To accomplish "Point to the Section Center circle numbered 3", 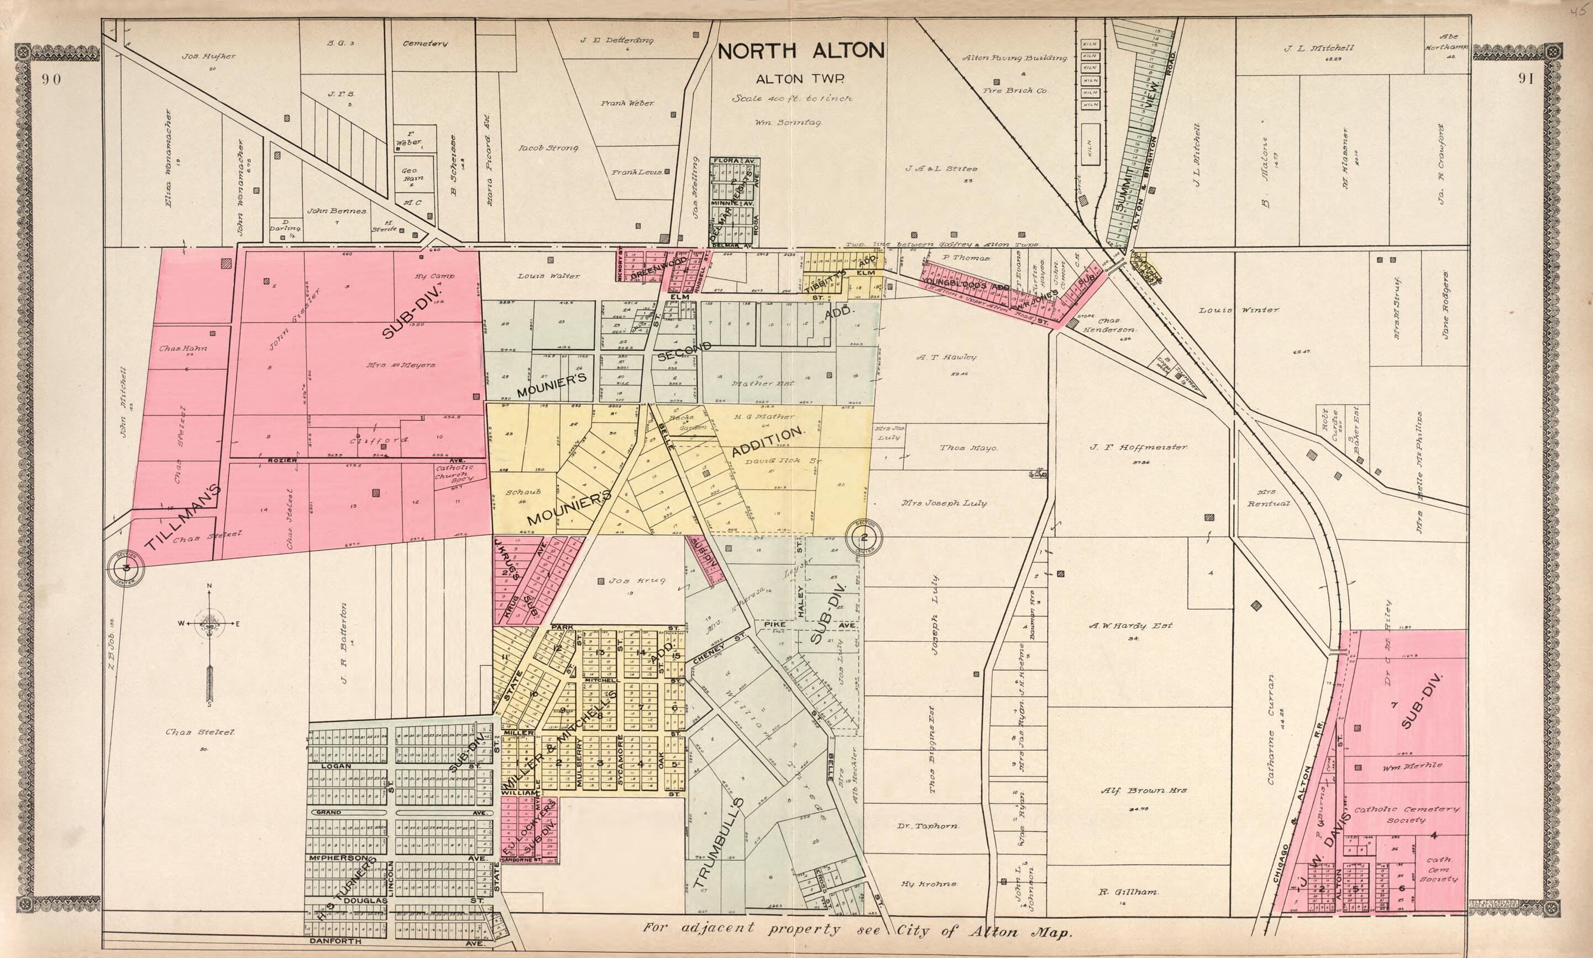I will coord(126,567).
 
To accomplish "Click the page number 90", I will coord(51,80).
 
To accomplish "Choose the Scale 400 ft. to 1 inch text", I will coord(792,99).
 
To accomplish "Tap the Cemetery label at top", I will coord(425,44).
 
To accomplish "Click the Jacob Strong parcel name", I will coord(548,148).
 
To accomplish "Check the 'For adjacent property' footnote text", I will coord(857,931).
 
